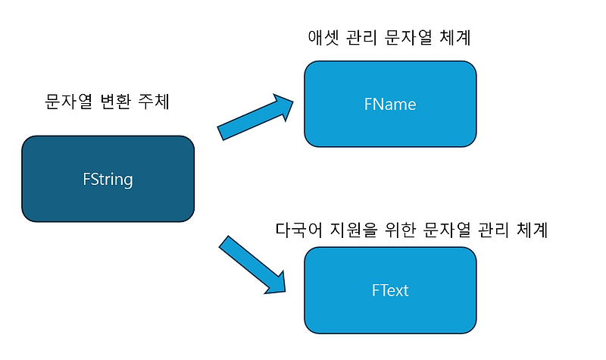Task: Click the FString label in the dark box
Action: [108, 180]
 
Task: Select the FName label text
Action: [389, 104]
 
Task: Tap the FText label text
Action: [390, 290]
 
